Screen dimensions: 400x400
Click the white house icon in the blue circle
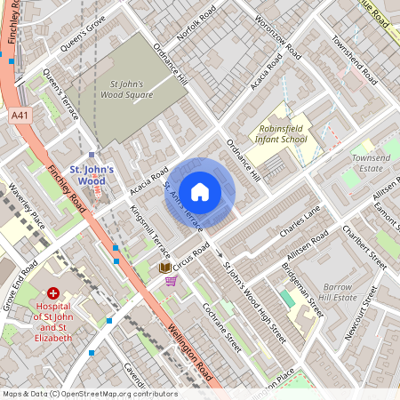pos(200,191)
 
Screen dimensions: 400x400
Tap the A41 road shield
pos(20,116)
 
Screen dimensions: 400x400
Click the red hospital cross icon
pos(53,292)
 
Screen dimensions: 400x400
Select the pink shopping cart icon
pos(170,281)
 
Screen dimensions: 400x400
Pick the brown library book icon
pos(164,267)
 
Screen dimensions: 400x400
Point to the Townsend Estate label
pos(372,162)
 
